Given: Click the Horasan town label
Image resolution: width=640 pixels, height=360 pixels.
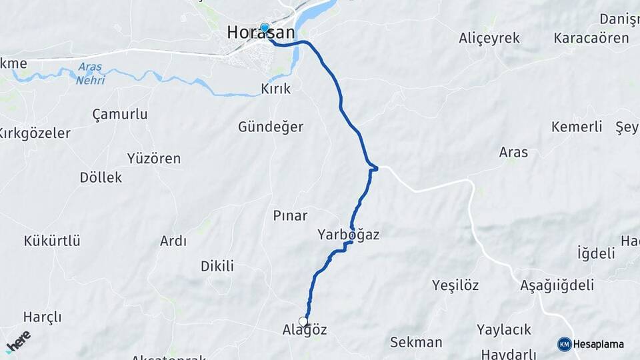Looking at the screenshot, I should point(261,33).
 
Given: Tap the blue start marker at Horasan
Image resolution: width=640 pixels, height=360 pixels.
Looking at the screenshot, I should point(265,28).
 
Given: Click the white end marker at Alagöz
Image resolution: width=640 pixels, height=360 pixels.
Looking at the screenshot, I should point(303,322).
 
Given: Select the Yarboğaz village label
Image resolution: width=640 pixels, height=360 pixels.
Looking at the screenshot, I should point(349,235).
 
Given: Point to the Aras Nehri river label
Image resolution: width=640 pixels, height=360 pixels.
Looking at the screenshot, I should point(90,73).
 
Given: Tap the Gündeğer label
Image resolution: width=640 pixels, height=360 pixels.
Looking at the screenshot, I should point(271,127).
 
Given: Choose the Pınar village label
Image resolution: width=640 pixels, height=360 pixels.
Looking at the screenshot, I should point(290,215).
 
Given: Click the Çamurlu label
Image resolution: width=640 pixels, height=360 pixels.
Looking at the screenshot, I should point(120,114).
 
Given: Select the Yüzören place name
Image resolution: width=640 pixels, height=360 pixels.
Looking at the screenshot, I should point(154,159).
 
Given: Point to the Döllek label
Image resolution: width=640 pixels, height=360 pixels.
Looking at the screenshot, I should point(101,178).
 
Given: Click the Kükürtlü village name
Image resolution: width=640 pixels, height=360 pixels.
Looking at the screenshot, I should point(52,241).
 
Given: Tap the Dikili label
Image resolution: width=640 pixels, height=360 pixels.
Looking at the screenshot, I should point(217,266).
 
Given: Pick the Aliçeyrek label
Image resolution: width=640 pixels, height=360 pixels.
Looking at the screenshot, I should point(489,38).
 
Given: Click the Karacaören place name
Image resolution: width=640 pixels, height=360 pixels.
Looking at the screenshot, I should point(591,38).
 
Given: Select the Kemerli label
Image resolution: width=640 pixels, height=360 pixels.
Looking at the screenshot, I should point(577,127).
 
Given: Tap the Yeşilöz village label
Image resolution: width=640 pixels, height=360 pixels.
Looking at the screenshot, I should point(455,285).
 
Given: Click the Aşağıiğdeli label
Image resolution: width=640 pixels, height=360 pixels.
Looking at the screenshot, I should point(557,285).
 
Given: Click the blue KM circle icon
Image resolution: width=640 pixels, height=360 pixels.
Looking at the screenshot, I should point(565,344).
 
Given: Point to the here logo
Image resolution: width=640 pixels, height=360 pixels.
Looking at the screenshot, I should point(19,341).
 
